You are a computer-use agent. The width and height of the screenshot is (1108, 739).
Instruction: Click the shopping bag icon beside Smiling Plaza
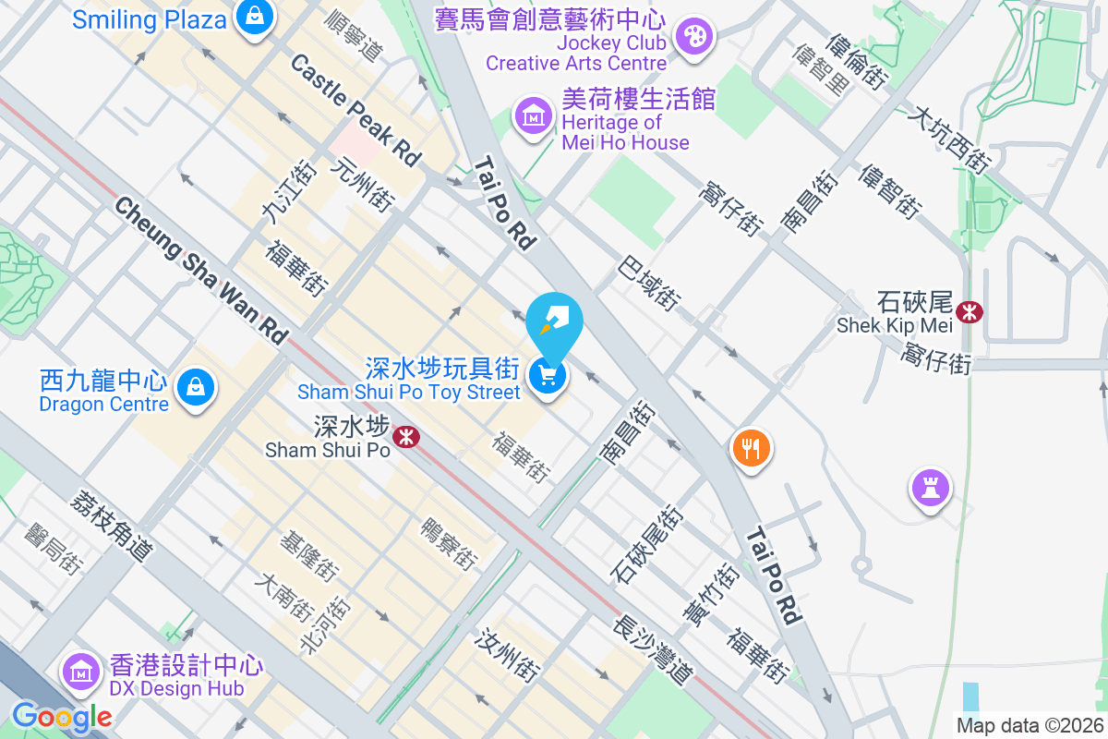[251, 16]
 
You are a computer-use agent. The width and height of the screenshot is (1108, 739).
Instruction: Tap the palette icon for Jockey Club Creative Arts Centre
[690, 37]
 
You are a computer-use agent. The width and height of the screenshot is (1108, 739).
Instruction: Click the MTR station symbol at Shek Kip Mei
[969, 312]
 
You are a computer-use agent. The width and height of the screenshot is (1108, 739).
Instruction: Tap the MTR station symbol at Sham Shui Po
[404, 437]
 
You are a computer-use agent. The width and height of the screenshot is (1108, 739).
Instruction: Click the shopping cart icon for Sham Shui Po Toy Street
[548, 376]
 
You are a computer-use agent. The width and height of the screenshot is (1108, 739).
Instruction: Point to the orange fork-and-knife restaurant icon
[752, 449]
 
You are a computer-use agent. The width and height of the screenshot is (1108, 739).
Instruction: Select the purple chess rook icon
[931, 487]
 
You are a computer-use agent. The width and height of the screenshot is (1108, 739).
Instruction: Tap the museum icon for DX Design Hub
[81, 672]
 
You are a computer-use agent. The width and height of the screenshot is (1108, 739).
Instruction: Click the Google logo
[62, 716]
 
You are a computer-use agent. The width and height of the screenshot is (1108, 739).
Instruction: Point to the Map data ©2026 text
[1030, 726]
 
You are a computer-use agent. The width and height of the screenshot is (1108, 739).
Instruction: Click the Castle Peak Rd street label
[355, 110]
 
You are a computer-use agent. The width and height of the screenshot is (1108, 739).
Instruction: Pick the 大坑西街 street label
[949, 139]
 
